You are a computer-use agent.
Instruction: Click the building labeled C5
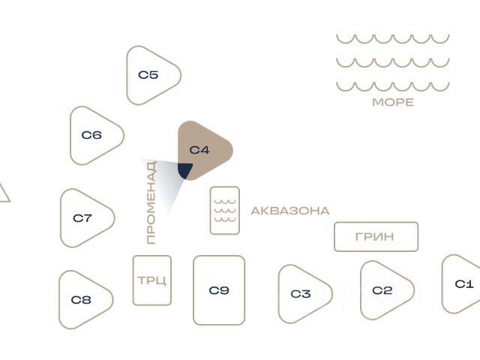tap(150, 75)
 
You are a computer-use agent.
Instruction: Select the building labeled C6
tap(93, 136)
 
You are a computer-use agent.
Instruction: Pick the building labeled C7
tap(83, 218)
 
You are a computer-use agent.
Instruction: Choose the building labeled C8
tap(82, 300)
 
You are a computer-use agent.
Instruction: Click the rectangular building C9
tap(219, 290)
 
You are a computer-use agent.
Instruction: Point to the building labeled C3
tap(301, 293)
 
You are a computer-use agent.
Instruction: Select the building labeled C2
tap(383, 290)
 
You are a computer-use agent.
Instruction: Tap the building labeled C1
tap(463, 284)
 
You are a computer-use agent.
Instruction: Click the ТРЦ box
tap(152, 280)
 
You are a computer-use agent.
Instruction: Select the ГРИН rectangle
tap(376, 237)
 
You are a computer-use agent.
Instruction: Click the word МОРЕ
tap(393, 103)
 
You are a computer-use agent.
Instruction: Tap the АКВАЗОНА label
tap(290, 211)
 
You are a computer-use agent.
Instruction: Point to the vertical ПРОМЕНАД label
tap(151, 202)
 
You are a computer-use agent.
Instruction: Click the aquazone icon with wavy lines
tap(225, 210)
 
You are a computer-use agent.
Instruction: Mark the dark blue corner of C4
tap(184, 171)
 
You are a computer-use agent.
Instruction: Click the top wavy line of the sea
tap(393, 38)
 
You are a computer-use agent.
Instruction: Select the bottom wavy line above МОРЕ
tap(393, 86)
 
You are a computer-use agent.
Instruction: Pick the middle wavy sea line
tap(393, 62)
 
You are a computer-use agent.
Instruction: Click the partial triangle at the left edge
tap(3, 193)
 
